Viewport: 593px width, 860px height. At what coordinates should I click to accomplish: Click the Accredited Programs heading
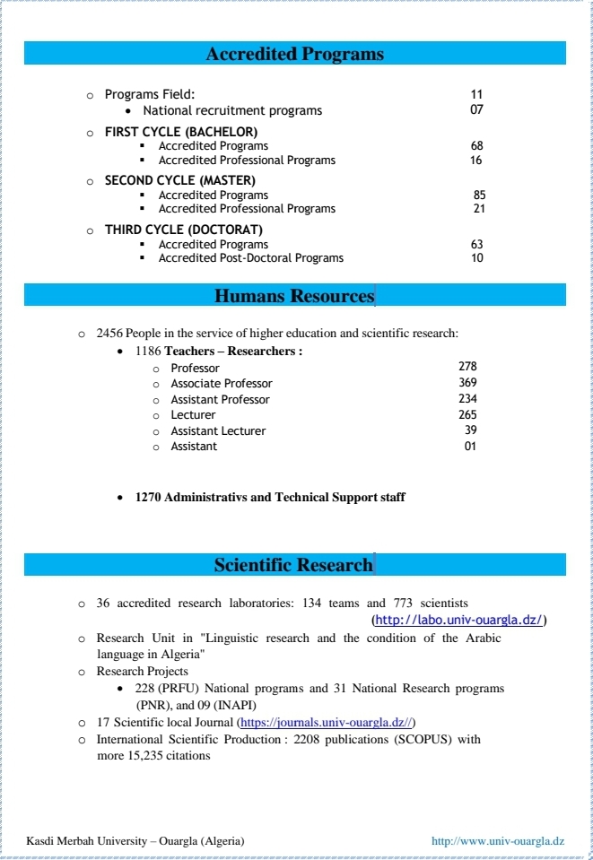point(294,54)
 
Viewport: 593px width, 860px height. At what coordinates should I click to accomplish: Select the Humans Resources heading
point(294,296)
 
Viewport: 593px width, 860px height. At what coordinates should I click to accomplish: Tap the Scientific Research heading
point(292,565)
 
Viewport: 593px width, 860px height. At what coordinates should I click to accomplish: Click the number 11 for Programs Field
point(476,94)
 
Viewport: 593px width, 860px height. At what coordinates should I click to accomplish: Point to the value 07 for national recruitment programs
point(476,110)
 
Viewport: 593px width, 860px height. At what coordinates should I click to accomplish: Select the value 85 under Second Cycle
point(479,195)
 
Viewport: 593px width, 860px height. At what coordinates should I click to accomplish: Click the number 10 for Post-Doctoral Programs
point(476,258)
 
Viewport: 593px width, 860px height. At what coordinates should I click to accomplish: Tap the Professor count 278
point(467,367)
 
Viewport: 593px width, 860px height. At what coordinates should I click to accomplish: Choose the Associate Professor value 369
point(467,383)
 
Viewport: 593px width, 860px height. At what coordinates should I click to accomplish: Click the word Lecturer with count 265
point(193,415)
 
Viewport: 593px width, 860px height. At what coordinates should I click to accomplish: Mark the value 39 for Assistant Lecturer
point(471,430)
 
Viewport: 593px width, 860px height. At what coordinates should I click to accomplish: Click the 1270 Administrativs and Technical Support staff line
point(270,497)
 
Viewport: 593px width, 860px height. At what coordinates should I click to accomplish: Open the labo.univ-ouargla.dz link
point(458,620)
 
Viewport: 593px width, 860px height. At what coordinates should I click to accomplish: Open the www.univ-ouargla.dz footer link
point(498,841)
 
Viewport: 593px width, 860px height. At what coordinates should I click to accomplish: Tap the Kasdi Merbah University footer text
point(135,841)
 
